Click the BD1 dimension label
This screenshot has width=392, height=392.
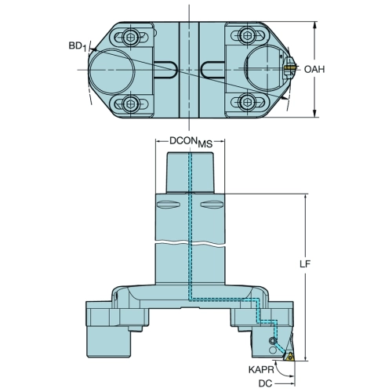78,46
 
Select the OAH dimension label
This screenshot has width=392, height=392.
314,70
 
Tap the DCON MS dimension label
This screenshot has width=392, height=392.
191,142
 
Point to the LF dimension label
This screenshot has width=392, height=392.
305,264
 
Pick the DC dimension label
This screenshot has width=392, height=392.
265,383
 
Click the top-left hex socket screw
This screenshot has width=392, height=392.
129,38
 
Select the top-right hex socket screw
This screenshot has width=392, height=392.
247,34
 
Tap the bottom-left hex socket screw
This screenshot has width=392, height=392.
129,103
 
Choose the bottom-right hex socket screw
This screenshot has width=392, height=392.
246,101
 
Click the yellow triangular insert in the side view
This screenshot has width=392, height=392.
289,357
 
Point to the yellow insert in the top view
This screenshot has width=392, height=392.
289,67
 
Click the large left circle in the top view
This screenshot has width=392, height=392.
112,71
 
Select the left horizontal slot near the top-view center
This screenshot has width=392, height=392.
165,70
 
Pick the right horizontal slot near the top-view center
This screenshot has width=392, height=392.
212,70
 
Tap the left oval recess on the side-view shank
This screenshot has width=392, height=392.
168,205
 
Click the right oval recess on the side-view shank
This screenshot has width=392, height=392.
212,205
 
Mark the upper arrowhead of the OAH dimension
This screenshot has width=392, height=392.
315,26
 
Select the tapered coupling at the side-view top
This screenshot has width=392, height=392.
190,173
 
